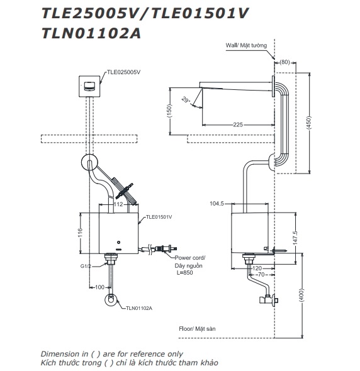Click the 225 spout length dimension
[238, 125]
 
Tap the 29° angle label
[186, 100]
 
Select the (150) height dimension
[169, 111]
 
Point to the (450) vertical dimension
[308, 122]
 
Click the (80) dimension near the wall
[284, 62]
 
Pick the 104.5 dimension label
[217, 204]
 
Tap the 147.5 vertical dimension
[295, 238]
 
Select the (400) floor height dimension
[301, 295]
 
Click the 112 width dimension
[118, 204]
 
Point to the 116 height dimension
[81, 233]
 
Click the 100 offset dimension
[99, 287]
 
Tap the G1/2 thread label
[86, 266]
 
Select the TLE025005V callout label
[123, 72]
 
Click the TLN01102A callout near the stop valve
[139, 308]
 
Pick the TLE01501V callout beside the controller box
[159, 217]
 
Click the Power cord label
[190, 258]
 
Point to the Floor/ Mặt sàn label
[197, 329]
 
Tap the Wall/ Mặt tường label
[246, 45]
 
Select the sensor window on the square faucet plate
[89, 86]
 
